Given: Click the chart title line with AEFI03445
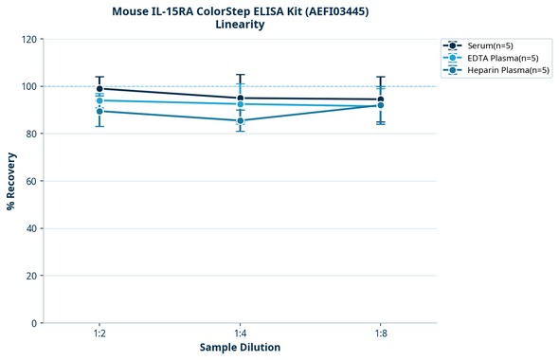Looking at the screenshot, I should click(x=240, y=10).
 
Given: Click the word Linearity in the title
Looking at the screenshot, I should click(x=240, y=25).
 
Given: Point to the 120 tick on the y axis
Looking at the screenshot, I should click(x=29, y=40).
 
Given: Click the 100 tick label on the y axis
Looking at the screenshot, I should click(x=29, y=86).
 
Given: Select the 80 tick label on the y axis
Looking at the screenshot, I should click(x=32, y=134).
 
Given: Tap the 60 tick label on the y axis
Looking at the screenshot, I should click(x=32, y=181).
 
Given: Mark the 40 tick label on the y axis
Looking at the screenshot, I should click(x=32, y=228).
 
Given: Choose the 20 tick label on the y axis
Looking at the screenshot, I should click(x=32, y=276).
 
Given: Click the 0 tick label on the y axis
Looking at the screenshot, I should click(x=35, y=323).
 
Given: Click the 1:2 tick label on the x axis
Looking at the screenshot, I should click(x=99, y=334).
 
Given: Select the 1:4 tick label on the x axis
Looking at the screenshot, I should click(x=240, y=334).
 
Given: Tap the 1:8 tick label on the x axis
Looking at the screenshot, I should click(x=381, y=334).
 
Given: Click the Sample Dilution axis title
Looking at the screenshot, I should click(x=240, y=348).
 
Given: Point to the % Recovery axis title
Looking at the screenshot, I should click(x=11, y=181).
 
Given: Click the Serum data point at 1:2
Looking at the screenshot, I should click(x=99, y=89).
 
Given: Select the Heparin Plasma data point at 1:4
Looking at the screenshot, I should click(x=240, y=120).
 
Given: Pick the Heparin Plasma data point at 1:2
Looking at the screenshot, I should click(x=99, y=111).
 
